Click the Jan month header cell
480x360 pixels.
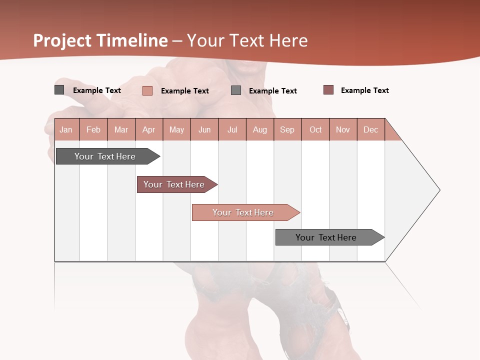66,129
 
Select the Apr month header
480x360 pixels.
149,129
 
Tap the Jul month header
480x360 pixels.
232,129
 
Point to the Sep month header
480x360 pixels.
287,129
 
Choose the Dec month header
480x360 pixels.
370,129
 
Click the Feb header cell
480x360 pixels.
93,129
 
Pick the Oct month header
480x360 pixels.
315,129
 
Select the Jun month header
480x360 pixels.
204,129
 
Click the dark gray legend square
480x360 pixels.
59,90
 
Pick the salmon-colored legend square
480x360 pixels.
147,90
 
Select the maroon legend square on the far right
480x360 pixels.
328,90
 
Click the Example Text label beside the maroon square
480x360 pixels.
364,90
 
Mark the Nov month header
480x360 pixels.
343,129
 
